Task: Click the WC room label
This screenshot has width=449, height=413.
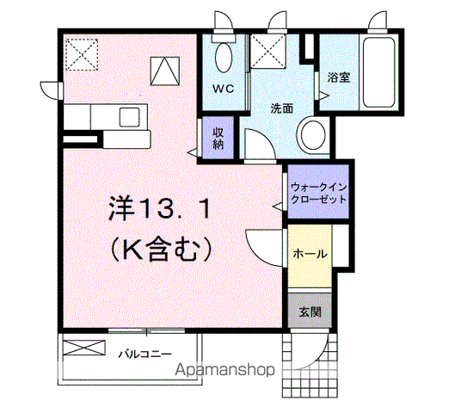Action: (x=223, y=89)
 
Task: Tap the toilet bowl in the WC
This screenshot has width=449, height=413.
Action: (x=224, y=58)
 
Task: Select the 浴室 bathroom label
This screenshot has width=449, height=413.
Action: (x=339, y=77)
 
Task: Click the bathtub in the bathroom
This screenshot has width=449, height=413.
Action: (x=378, y=72)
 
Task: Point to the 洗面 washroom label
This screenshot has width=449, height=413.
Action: (x=282, y=108)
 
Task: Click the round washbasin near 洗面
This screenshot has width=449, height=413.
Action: (x=313, y=135)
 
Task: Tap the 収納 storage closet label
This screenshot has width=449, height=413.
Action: (x=218, y=138)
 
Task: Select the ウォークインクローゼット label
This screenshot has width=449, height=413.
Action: (x=318, y=194)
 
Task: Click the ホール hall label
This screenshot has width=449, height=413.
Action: (x=310, y=254)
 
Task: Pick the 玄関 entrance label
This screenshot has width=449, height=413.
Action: (x=310, y=312)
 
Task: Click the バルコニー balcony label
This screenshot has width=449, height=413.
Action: (x=145, y=354)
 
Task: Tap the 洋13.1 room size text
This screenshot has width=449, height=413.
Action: (x=159, y=208)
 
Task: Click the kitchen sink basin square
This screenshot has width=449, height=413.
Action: (x=130, y=117)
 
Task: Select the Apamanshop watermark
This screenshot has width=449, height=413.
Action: (x=224, y=369)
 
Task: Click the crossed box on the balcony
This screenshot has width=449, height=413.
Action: (x=84, y=348)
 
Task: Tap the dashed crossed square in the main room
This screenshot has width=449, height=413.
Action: (x=82, y=54)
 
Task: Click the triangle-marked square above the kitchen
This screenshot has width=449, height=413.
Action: (x=165, y=71)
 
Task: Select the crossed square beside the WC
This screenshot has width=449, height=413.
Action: (x=268, y=51)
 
